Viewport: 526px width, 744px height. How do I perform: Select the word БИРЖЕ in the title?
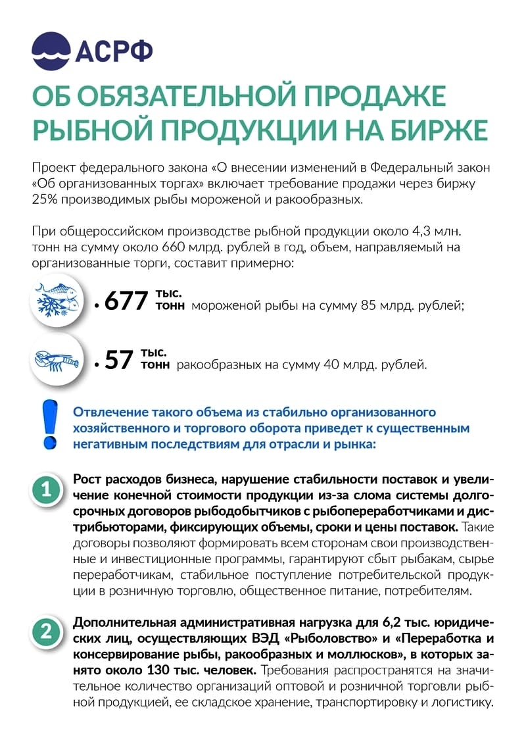[x=431, y=129]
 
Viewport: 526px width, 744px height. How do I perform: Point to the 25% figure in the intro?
[x=44, y=200]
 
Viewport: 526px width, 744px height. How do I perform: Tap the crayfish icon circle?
[x=57, y=360]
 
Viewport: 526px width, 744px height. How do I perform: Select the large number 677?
[x=127, y=301]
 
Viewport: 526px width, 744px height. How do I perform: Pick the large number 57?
[x=119, y=361]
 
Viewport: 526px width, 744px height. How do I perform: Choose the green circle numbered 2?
[x=47, y=632]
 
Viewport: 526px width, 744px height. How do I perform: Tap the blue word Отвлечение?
[x=110, y=412]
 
